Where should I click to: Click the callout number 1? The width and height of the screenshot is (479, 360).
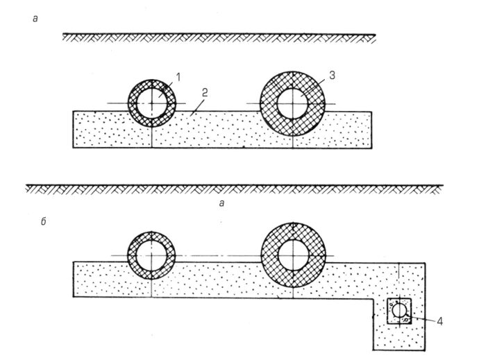[x=178, y=79]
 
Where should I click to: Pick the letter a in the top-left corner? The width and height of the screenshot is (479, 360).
[x=35, y=19]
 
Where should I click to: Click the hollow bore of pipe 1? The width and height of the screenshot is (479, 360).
[x=151, y=104]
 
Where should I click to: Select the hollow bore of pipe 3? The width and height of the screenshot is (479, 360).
[x=292, y=103]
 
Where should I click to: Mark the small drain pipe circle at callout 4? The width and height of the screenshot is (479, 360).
[x=400, y=311]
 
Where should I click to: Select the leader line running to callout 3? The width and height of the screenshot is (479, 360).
[x=320, y=83]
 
